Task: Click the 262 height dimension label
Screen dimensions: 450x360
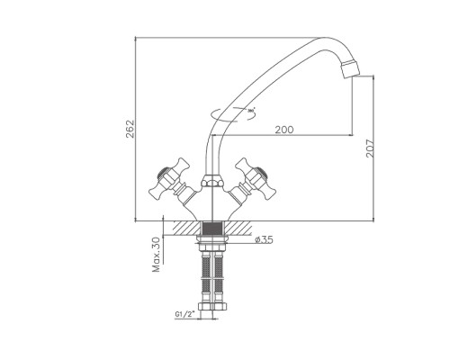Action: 130,129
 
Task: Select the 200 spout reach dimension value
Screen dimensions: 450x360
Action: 284,130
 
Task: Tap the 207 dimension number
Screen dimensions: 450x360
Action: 370,148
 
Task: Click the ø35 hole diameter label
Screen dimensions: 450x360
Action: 264,239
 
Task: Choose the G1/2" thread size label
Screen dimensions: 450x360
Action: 184,314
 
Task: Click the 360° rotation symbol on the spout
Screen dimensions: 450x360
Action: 233,114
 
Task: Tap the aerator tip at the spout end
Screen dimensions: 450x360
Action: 350,69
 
